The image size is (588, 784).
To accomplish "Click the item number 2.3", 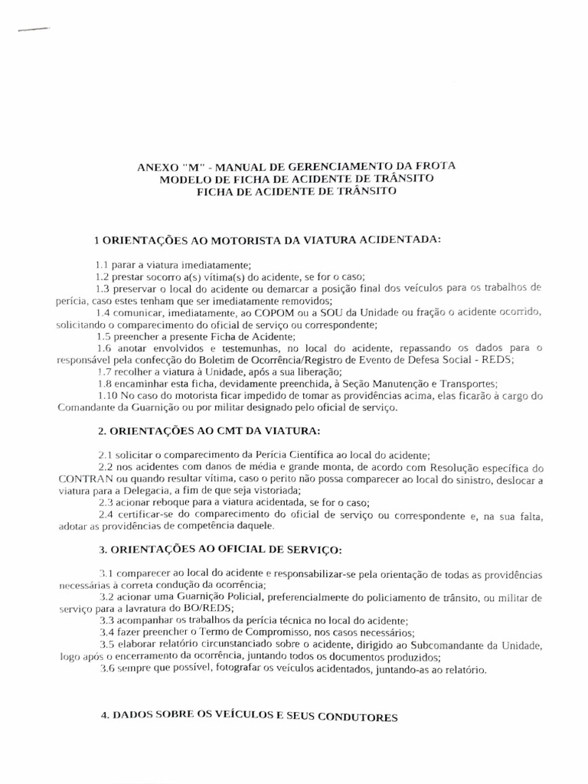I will (x=107, y=503).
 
